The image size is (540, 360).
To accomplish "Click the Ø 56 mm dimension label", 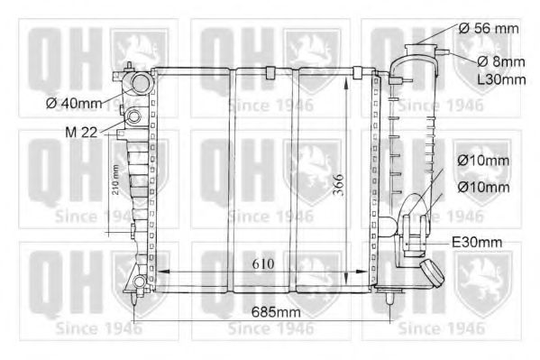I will [488, 29].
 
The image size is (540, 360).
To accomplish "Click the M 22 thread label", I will [81, 132].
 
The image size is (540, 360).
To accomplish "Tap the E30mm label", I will [479, 242].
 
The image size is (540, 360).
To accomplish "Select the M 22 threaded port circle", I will [134, 117].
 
